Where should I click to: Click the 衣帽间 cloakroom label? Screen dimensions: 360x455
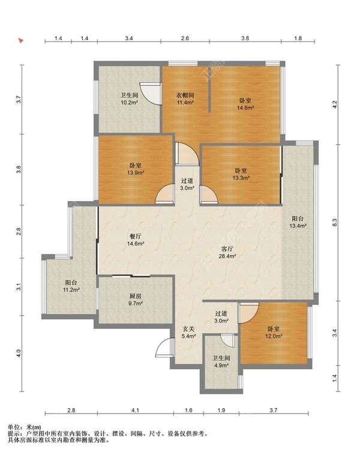[x=185, y=95]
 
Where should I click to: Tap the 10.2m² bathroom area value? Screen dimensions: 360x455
[x=129, y=103]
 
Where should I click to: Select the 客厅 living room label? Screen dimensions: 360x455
[x=227, y=249]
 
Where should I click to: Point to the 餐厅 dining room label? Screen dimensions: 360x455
[x=136, y=237]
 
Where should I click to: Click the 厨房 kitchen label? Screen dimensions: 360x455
[x=135, y=297]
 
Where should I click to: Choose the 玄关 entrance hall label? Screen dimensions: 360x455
[x=188, y=329]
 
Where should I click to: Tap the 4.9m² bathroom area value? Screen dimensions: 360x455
[x=221, y=366]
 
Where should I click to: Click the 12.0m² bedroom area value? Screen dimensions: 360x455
[x=274, y=336]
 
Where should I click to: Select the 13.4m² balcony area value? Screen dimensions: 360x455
[x=298, y=226]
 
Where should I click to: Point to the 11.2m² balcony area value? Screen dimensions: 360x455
[x=71, y=289]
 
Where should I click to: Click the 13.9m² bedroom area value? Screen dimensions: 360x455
[x=136, y=173]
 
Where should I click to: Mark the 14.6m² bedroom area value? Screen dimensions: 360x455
[x=245, y=107]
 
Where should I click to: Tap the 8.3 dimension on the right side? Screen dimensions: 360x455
[x=334, y=222]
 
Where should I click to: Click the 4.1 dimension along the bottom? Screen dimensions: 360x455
[x=135, y=410]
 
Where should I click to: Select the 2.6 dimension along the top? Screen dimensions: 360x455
[x=185, y=38]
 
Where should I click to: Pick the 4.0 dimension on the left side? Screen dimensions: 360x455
[x=19, y=353]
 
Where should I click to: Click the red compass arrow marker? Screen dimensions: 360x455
[x=20, y=40]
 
